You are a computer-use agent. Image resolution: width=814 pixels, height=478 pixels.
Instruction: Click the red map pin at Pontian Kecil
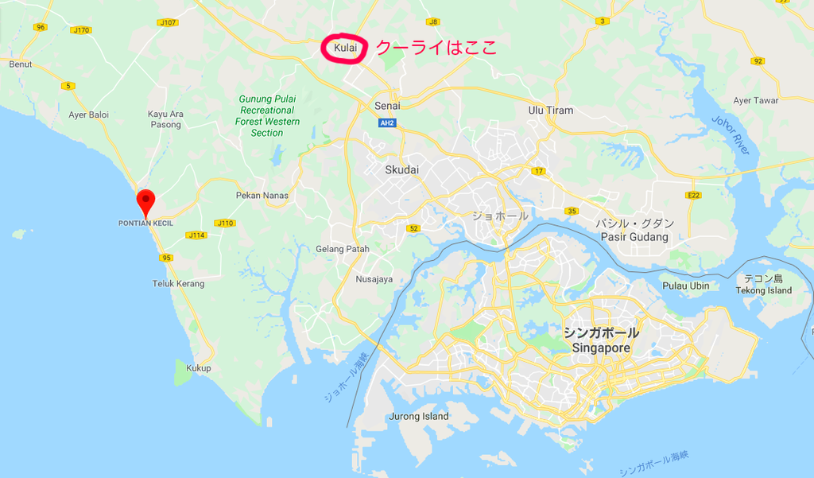[145, 200]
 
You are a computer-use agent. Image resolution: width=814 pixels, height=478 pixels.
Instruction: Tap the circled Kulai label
[346, 49]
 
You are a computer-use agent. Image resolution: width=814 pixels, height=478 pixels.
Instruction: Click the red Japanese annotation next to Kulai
[436, 48]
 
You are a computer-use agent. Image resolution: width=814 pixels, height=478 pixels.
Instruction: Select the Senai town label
[387, 105]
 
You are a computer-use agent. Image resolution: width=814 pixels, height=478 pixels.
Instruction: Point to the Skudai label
[401, 169]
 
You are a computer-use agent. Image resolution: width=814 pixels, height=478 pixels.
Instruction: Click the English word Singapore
[601, 348]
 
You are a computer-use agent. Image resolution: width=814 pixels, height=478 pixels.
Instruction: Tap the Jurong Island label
[419, 416]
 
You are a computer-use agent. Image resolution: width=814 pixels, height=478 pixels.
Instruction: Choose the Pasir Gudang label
[636, 237]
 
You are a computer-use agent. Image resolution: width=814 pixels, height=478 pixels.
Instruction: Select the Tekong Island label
[763, 290]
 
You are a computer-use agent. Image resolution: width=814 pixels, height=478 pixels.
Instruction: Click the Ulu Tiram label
[550, 110]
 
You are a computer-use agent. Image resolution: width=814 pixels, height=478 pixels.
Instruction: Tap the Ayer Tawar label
[755, 100]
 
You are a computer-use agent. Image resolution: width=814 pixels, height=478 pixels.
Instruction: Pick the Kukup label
[198, 368]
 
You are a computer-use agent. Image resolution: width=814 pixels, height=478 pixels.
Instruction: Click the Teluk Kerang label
[178, 283]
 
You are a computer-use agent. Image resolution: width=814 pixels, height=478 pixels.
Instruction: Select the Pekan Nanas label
[262, 195]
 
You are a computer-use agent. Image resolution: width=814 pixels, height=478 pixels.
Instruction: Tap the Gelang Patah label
[343, 249]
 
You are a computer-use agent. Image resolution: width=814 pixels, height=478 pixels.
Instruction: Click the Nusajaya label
[374, 279]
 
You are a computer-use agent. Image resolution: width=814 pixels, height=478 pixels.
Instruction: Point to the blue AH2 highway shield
[387, 123]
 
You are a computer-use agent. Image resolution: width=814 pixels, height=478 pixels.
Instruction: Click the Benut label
[21, 64]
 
